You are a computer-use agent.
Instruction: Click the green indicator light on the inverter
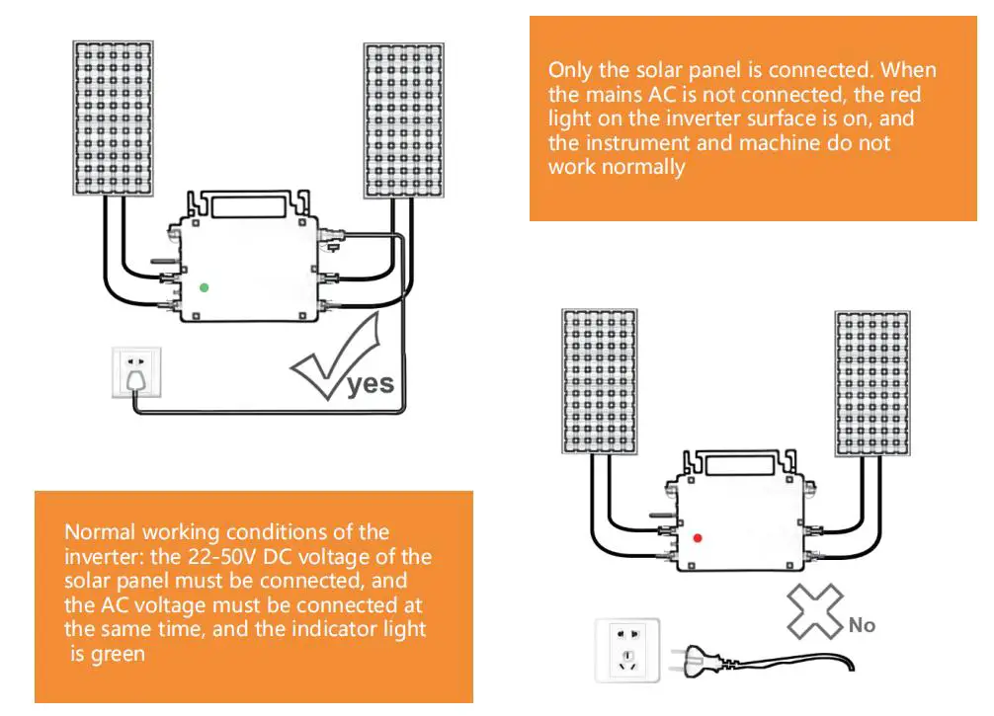pos(204,287)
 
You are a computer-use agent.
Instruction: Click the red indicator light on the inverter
pos(697,538)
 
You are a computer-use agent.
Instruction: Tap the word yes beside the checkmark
pos(371,384)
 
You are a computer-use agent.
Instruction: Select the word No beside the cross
pos(862,625)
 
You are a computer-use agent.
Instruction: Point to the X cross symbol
pos(814,610)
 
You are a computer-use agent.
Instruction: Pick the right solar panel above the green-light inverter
pos(403,119)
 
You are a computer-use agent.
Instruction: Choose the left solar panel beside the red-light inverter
pos(600,382)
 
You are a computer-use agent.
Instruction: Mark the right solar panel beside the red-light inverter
pos(872,382)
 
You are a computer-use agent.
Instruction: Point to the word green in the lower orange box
pos(118,654)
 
